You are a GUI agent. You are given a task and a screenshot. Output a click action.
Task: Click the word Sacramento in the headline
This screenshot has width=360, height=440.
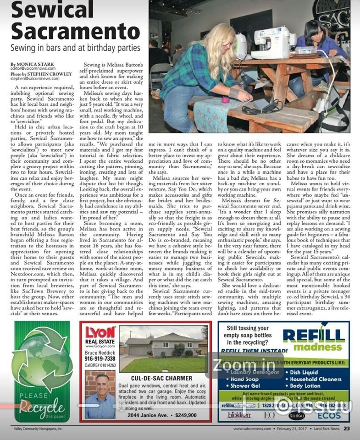coord(75,31)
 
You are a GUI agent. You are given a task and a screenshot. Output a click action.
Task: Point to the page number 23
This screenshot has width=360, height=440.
coord(347,429)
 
